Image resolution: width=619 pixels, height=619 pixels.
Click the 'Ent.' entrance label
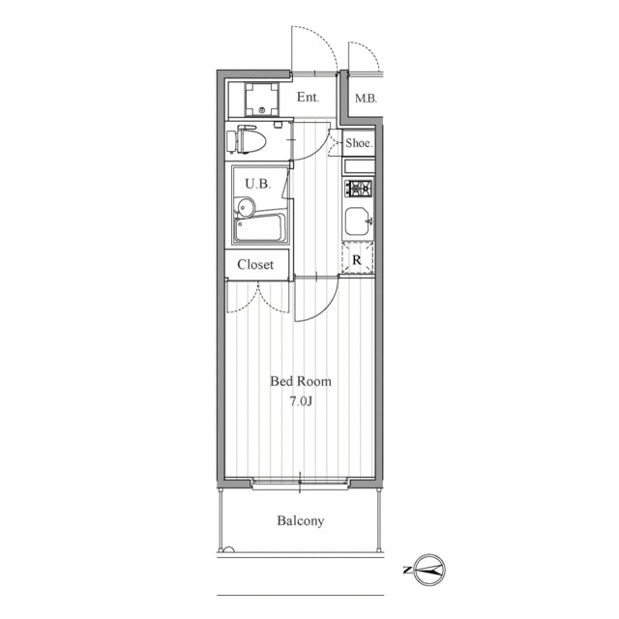[308, 97]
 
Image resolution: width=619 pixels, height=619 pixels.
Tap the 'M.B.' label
[366, 99]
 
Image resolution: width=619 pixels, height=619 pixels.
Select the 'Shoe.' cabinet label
[359, 143]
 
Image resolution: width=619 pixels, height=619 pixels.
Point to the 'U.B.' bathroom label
[258, 184]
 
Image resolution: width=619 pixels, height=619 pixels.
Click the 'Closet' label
[255, 264]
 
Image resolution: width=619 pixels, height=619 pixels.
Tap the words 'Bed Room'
[301, 381]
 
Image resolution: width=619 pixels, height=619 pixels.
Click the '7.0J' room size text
[301, 401]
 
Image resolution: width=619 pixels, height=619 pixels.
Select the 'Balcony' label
[301, 520]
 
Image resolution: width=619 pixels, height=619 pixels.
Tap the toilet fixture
[247, 139]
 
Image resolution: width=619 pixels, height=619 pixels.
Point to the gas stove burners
[359, 188]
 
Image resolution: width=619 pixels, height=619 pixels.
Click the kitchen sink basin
[359, 221]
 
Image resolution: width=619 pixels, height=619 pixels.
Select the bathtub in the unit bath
[260, 228]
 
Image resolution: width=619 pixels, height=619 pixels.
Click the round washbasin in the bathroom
[246, 207]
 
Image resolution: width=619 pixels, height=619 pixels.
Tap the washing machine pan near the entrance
[261, 99]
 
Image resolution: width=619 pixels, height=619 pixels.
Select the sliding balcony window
[301, 483]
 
